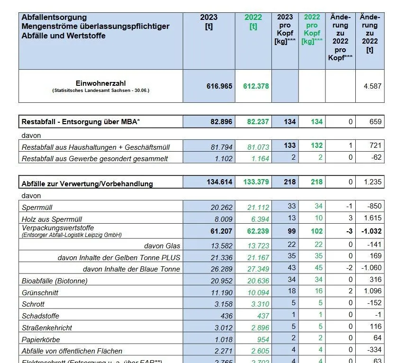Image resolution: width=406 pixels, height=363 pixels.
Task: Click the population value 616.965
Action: point(219,86)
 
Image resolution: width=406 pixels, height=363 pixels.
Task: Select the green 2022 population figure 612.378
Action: point(256,86)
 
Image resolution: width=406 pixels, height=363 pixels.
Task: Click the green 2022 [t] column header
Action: point(253,22)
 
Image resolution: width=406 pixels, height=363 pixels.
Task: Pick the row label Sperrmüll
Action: point(38,207)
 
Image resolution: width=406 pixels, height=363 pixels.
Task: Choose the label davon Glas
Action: point(162,246)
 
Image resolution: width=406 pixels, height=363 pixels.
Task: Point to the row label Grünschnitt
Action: point(40,293)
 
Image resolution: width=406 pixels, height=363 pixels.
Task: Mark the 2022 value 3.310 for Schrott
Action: point(258,304)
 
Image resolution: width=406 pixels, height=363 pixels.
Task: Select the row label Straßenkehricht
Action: point(47,327)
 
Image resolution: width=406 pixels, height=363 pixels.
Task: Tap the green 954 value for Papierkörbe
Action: point(262,339)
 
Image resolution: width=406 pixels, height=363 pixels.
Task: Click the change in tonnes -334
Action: point(374,351)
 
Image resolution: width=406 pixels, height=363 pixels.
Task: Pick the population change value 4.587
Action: point(372,86)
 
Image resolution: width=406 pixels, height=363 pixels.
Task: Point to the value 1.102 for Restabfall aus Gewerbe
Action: point(223,159)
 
